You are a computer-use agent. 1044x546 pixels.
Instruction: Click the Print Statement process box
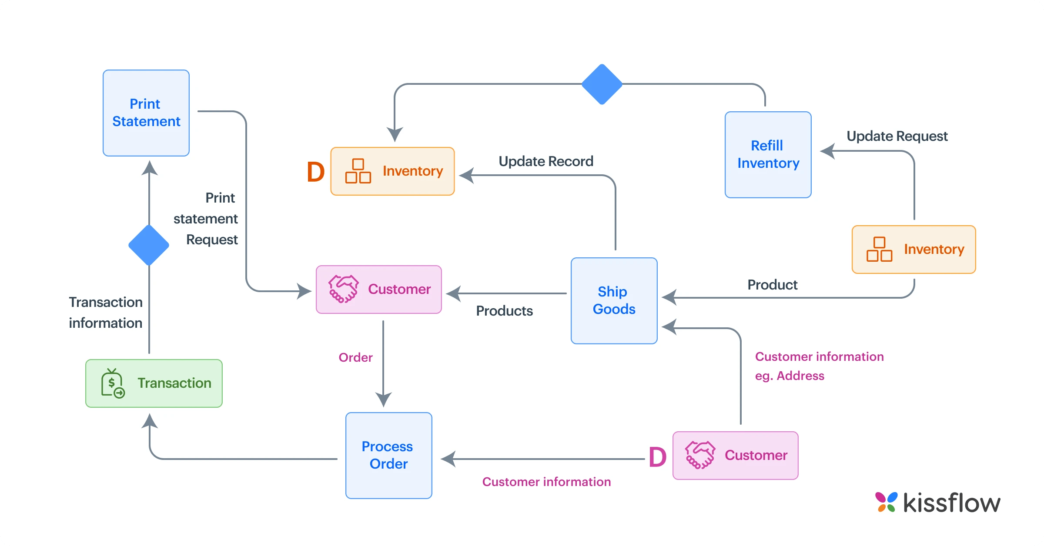coord(146,113)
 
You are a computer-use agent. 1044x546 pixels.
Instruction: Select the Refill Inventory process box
coord(768,155)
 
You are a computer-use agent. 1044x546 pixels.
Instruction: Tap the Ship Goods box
coord(614,301)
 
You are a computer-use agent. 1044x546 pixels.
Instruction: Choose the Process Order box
coord(388,455)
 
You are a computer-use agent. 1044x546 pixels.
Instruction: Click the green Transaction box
coord(154,383)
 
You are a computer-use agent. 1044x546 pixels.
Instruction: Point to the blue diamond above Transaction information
coord(149,245)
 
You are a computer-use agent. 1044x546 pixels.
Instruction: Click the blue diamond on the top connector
coord(602,84)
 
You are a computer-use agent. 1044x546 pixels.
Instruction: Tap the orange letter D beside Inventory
coord(316,172)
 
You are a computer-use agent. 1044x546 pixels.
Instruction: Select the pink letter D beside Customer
coord(657,457)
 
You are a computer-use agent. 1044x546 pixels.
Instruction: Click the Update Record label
coord(546,161)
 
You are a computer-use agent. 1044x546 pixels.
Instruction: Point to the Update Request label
coord(897,136)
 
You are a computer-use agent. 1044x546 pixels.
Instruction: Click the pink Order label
coord(355,357)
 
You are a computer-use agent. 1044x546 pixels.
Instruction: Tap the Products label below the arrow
coord(504,311)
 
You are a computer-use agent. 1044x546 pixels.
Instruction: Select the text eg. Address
coord(790,376)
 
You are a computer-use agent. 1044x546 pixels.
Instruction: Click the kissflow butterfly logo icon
coord(886,502)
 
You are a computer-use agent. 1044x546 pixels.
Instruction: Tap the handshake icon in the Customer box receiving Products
coord(344,289)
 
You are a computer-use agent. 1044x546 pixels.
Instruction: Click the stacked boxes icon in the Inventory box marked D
coord(358,171)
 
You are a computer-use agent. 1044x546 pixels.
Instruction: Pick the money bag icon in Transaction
coord(113,383)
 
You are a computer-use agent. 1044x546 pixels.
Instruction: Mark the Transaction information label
coord(106,313)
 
